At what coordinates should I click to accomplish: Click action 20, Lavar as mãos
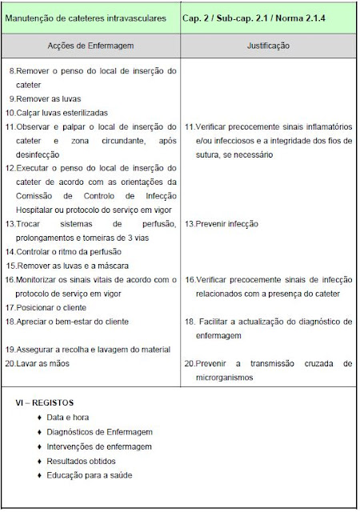point(48,362)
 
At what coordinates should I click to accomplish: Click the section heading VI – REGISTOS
point(45,402)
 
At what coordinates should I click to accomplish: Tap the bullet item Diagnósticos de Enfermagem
point(99,433)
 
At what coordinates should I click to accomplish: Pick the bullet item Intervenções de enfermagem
point(99,446)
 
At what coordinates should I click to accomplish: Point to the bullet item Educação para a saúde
point(90,475)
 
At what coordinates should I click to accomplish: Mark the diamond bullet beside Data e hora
point(39,418)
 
